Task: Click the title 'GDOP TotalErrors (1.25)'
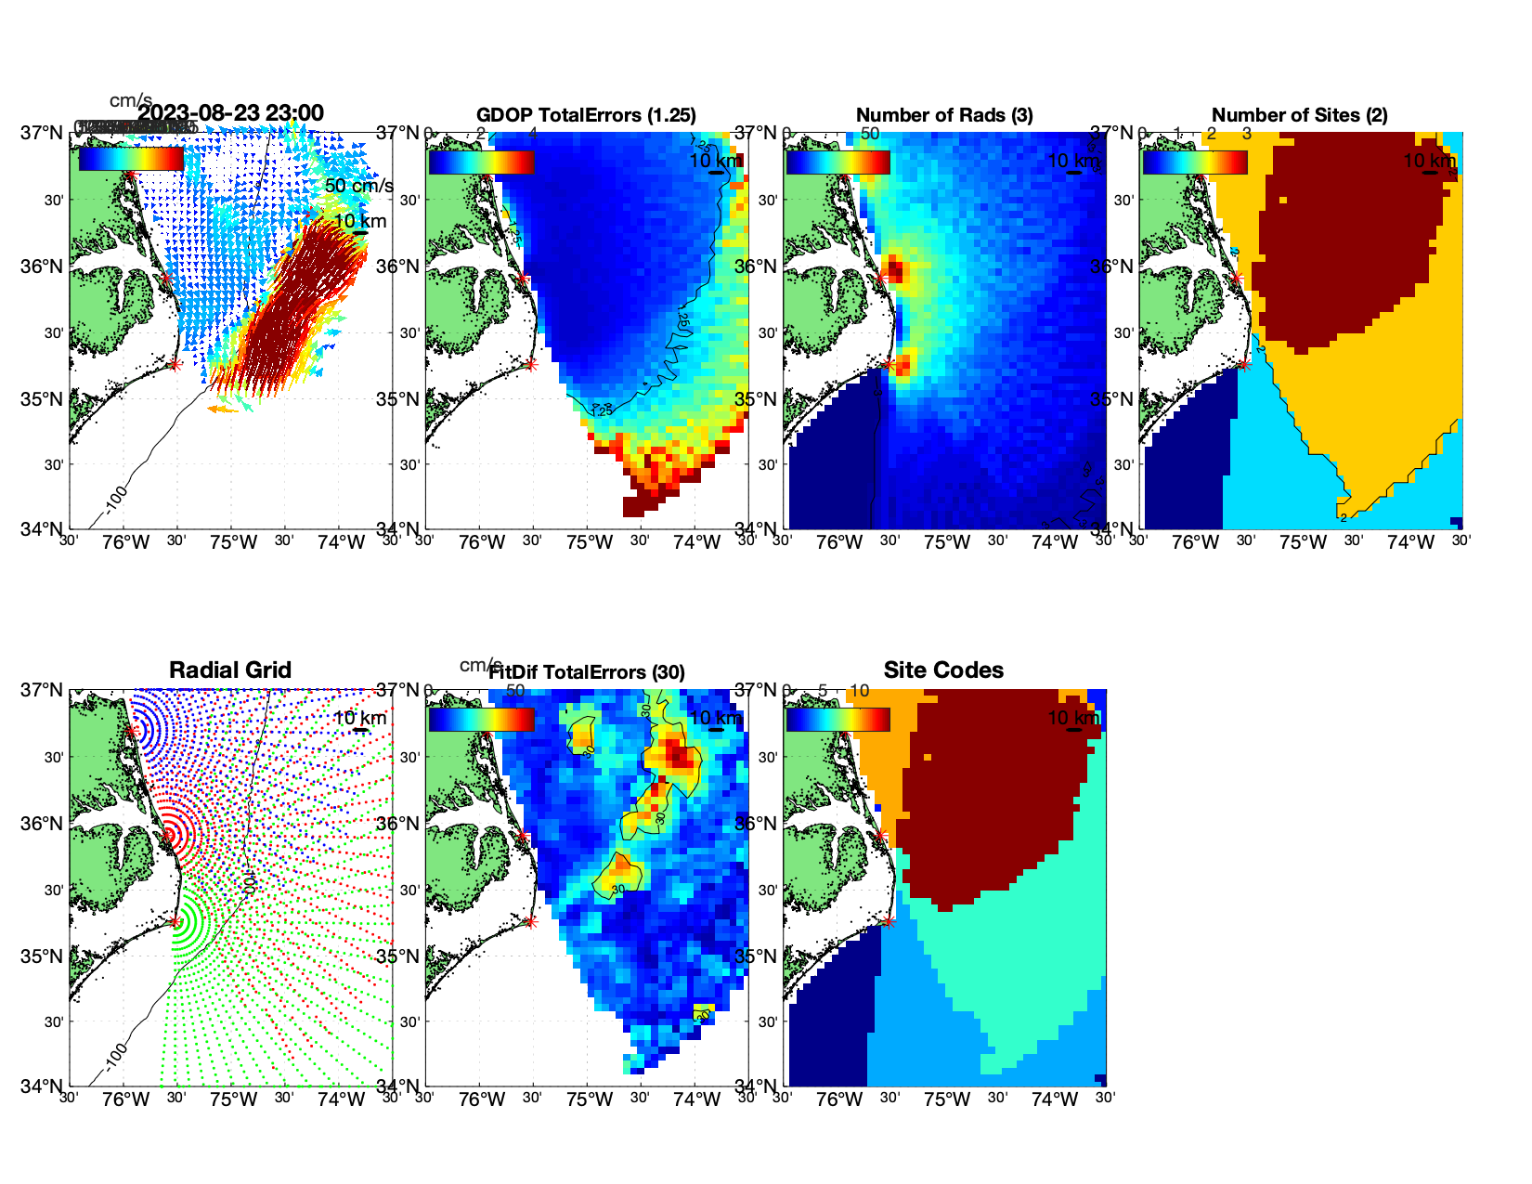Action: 586,115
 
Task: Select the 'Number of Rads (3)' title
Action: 944,115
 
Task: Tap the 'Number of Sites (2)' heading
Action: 1300,115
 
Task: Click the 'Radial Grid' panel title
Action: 230,670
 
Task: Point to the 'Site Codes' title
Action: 943,670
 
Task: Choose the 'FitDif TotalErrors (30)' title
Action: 587,672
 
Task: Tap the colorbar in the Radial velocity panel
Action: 131,160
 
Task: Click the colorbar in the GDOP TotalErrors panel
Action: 482,163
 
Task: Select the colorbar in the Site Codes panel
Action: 838,720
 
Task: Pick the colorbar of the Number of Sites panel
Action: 1195,163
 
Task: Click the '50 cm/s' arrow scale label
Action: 358,186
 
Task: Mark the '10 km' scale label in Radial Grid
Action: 359,718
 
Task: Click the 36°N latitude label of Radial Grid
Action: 43,824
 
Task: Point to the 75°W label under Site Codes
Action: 947,1099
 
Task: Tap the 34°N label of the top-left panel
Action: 43,529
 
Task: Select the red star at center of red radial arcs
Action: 170,834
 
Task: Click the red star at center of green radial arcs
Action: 175,921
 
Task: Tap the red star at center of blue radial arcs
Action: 133,732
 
